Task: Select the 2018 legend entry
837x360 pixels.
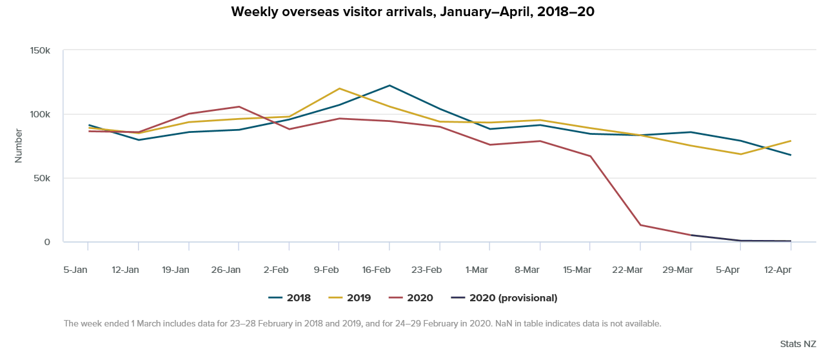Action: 290,298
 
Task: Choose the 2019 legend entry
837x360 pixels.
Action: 351,298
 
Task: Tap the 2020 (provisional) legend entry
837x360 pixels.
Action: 504,298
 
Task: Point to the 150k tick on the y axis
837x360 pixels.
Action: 40,51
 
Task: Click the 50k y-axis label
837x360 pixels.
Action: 43,178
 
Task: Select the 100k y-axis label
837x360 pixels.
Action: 40,115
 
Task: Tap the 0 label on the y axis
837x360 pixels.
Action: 47,242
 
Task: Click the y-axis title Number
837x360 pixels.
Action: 19,146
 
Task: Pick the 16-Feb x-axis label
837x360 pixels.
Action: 376,269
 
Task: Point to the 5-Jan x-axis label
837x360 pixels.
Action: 75,269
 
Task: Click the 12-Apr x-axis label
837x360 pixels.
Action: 778,269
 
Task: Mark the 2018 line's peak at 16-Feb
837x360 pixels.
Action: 389,85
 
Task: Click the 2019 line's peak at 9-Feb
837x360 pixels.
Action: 339,88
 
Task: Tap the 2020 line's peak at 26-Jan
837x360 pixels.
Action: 239,106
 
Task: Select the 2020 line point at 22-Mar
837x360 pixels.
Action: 640,225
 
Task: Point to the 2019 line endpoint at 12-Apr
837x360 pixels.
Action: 791,141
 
